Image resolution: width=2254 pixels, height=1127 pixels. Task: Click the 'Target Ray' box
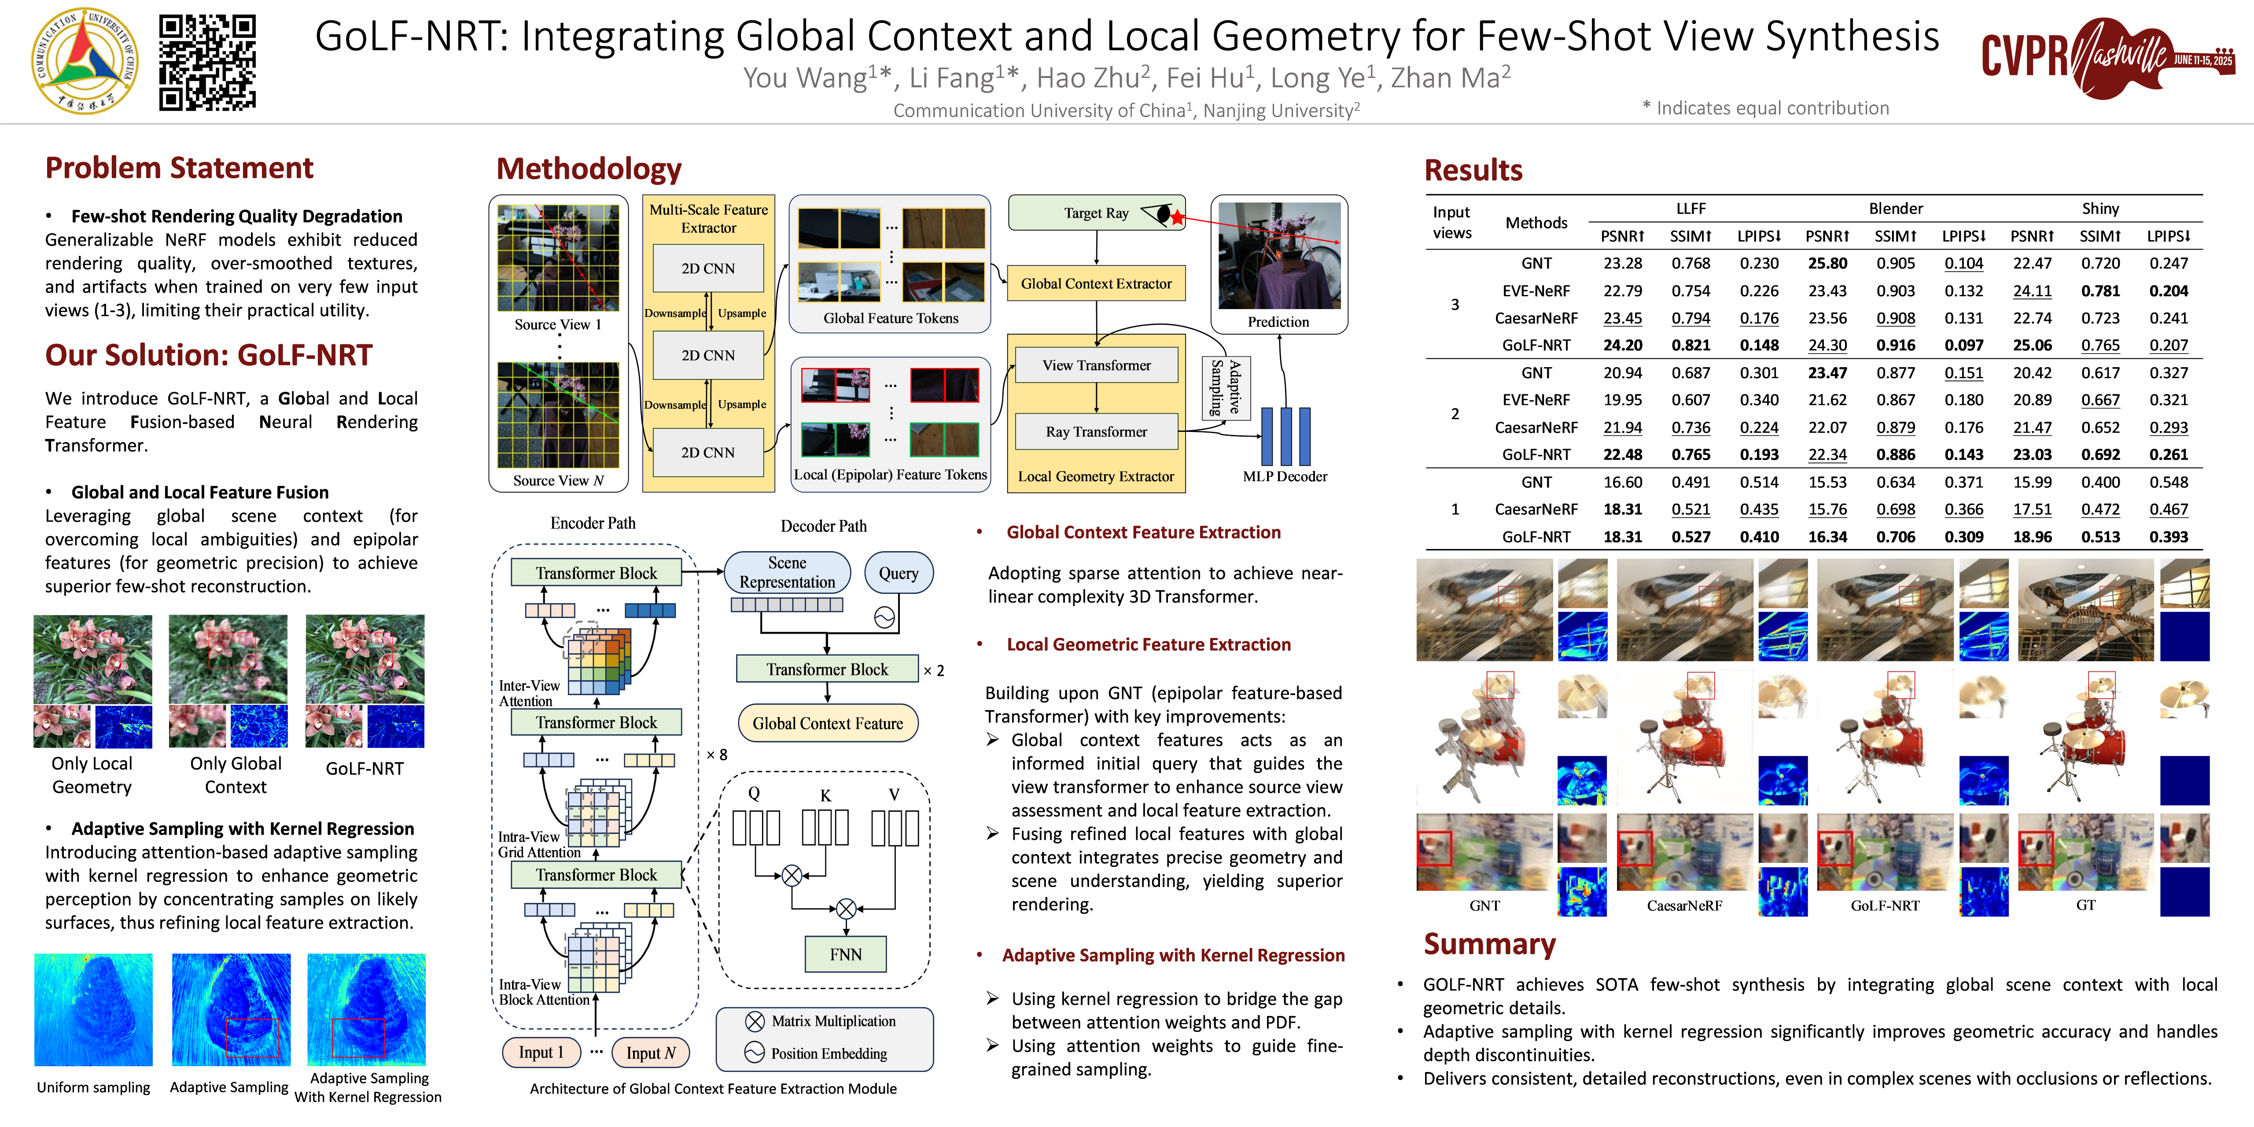coord(1095,213)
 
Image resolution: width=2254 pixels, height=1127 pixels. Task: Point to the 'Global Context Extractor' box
coord(1095,284)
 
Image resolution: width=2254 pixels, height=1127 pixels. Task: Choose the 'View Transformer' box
coord(1095,365)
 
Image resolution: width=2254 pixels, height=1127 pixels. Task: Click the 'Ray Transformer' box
coord(1095,431)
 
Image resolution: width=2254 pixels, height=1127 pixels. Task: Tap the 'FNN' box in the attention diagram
coord(845,954)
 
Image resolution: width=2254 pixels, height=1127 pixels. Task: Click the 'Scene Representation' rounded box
coord(787,572)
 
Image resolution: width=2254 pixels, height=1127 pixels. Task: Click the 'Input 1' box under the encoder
coord(541,1052)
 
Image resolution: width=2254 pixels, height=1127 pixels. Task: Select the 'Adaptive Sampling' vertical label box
coord(1225,387)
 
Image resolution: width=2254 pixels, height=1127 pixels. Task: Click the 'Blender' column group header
coord(1895,208)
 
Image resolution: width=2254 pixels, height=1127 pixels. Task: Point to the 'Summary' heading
coord(1489,944)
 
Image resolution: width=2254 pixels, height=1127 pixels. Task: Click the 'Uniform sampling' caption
coord(94,1087)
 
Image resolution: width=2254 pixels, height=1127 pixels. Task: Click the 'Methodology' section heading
coord(588,168)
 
